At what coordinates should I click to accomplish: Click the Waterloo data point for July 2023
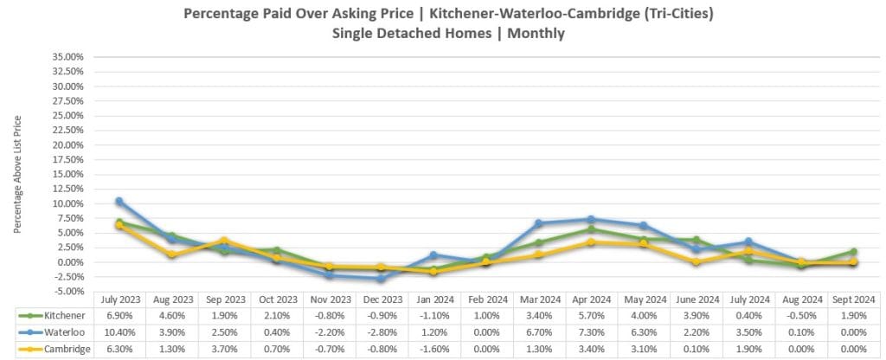tap(119, 201)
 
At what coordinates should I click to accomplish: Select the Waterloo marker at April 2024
tap(591, 219)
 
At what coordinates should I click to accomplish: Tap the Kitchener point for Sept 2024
tap(852, 251)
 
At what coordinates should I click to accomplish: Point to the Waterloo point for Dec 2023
tap(382, 279)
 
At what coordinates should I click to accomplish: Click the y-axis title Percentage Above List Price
tap(17, 173)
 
